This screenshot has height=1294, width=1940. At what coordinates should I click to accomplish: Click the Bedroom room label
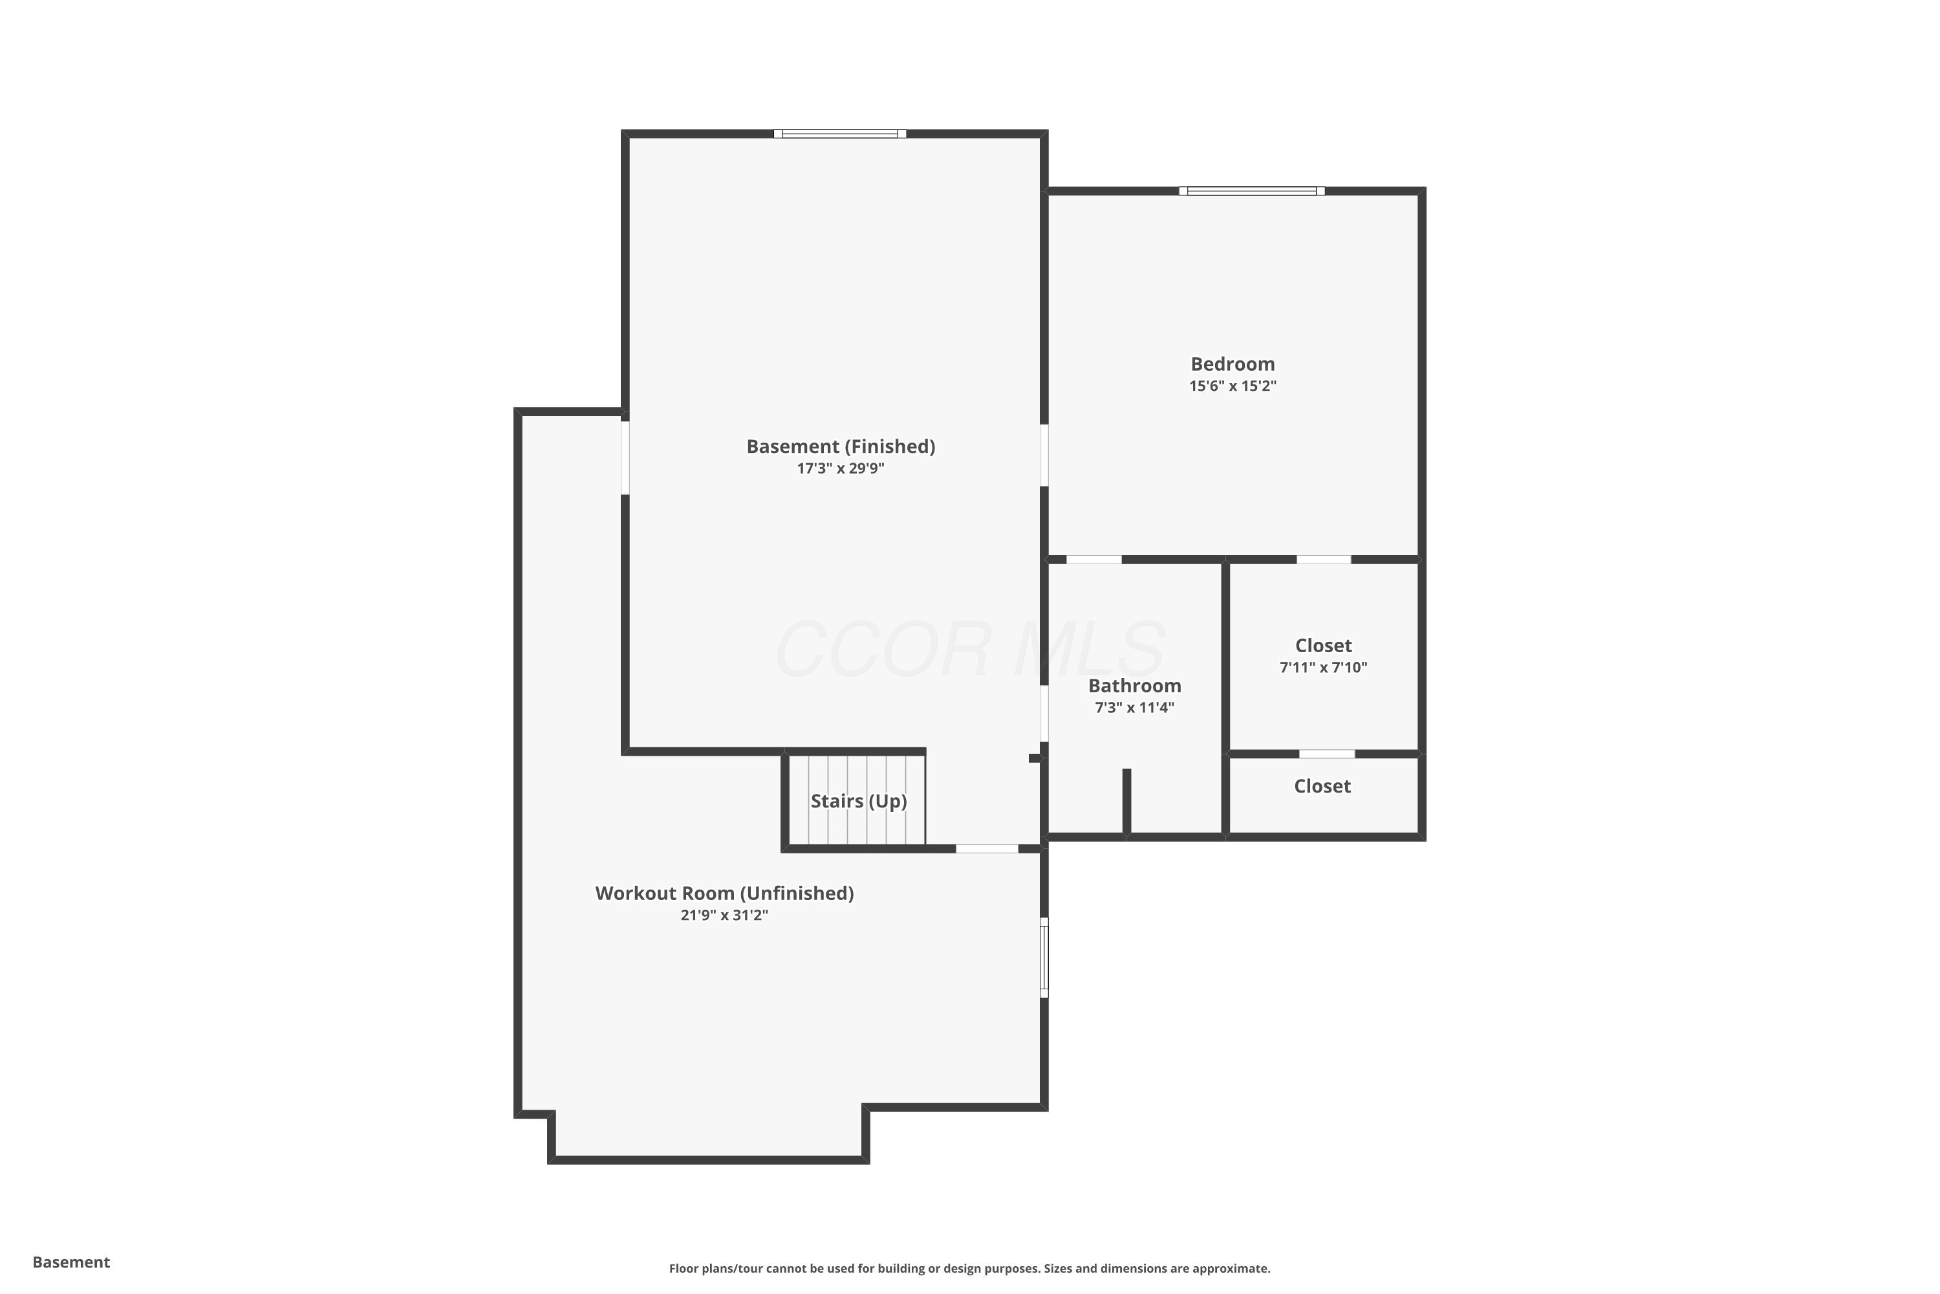click(1233, 364)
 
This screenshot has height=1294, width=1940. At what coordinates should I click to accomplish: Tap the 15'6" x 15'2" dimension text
click(1233, 386)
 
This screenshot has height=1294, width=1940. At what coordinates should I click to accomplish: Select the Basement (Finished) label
click(841, 446)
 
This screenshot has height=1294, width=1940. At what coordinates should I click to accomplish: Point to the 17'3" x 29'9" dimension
click(841, 468)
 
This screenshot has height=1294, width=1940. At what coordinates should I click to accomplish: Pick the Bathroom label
click(1134, 686)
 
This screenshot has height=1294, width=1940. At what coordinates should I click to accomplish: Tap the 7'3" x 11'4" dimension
click(1134, 708)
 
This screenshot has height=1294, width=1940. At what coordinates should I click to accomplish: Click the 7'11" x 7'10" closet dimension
click(1323, 668)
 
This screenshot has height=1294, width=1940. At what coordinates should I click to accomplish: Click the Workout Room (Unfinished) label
click(724, 893)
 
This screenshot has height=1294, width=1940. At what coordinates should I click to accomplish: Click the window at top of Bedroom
click(1251, 192)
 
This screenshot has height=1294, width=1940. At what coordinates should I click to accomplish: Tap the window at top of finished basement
click(839, 134)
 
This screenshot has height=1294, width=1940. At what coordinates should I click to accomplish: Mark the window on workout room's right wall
click(1044, 958)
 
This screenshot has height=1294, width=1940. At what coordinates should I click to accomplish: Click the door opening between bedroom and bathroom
click(1094, 560)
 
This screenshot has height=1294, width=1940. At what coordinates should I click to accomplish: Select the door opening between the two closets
click(1326, 754)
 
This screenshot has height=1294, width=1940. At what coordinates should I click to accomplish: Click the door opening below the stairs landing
click(987, 848)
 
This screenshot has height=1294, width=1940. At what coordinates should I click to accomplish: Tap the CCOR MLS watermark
click(970, 650)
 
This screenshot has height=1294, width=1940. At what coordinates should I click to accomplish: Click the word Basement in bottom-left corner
click(71, 1262)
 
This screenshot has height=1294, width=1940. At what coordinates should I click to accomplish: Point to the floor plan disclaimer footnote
click(969, 1268)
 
